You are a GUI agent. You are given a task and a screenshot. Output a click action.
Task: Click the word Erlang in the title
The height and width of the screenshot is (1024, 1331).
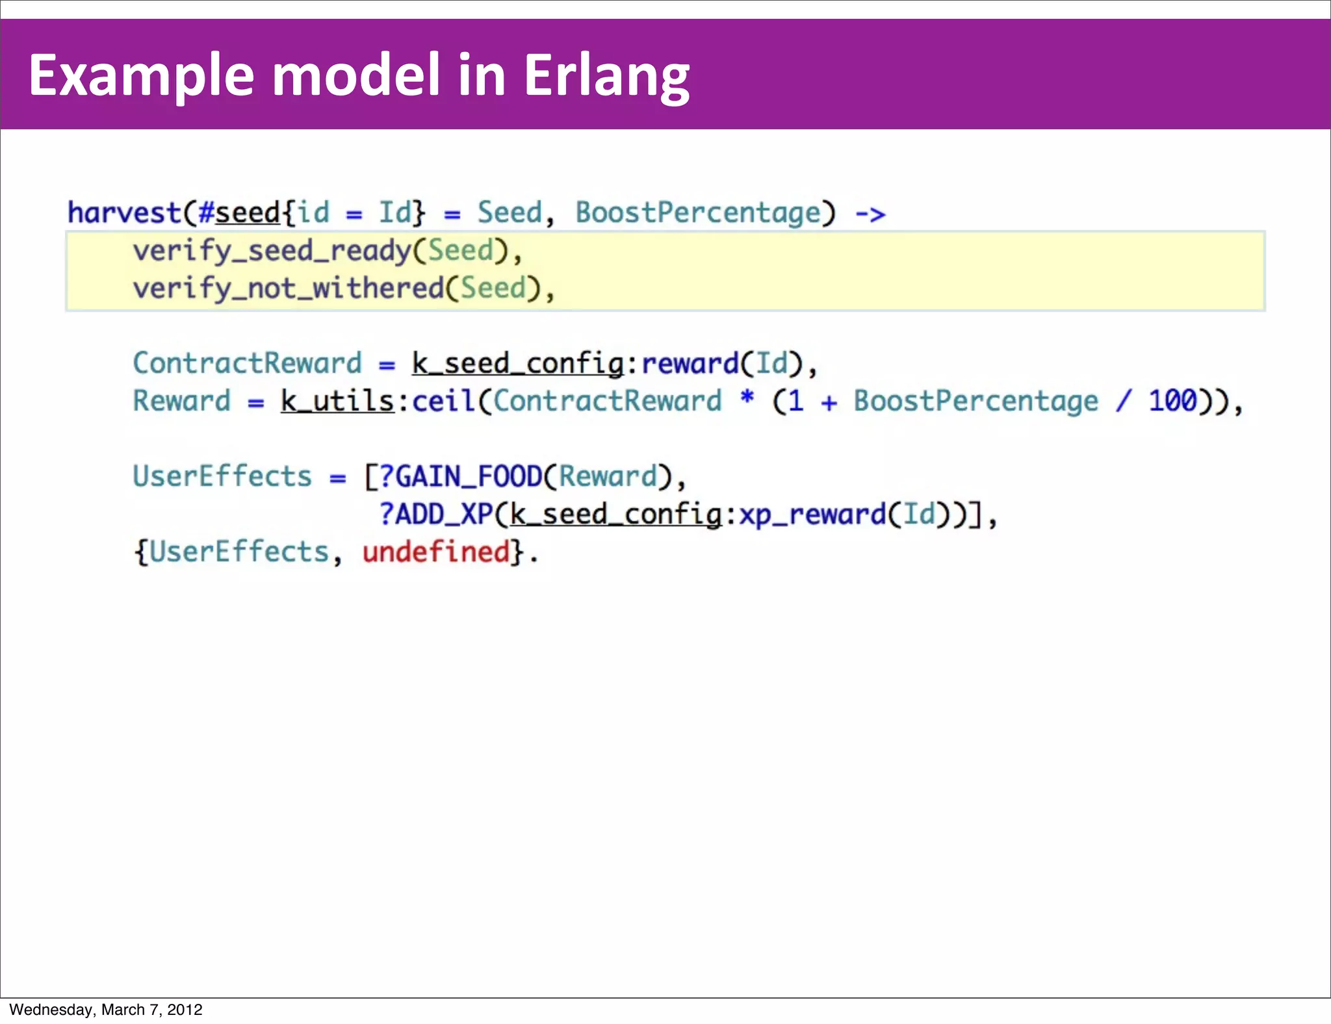(x=606, y=77)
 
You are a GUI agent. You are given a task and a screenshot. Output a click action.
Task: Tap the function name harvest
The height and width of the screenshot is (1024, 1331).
(x=124, y=213)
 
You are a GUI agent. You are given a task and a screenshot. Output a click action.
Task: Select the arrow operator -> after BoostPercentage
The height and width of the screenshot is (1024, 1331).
(x=870, y=214)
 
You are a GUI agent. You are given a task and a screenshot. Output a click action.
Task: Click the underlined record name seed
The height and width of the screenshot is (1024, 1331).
(x=248, y=213)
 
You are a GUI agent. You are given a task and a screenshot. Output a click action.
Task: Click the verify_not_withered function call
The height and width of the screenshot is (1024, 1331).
(x=288, y=288)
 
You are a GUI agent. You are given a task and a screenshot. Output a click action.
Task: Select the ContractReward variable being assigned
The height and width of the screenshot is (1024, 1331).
(x=247, y=363)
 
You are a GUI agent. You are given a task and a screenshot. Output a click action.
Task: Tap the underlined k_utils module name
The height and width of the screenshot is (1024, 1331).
(x=337, y=401)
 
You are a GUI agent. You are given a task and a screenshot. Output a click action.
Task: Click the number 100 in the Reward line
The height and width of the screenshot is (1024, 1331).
(x=1172, y=401)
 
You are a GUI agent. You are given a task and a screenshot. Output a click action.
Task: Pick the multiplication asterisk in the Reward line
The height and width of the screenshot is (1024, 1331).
(x=747, y=397)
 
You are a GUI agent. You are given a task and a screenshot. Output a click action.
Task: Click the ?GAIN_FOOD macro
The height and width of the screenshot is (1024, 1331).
(x=460, y=477)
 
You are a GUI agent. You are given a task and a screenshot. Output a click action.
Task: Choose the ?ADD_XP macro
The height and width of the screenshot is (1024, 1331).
(x=436, y=515)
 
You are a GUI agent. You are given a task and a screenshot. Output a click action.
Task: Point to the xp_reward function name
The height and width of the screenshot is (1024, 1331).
(x=812, y=515)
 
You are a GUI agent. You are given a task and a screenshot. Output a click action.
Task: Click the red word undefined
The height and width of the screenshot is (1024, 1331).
(x=435, y=552)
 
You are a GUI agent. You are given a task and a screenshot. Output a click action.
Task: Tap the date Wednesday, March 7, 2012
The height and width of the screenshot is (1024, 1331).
(x=106, y=1010)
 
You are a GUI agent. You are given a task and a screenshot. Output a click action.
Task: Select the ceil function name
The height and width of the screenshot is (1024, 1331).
(x=443, y=401)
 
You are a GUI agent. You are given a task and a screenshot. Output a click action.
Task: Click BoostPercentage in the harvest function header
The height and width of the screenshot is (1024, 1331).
(x=699, y=213)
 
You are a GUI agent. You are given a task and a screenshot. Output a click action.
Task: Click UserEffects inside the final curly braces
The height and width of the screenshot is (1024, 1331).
(x=239, y=552)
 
